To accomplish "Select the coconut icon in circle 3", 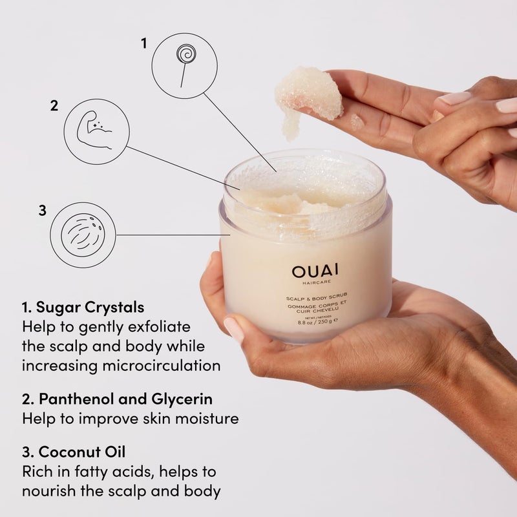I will tap(83, 234).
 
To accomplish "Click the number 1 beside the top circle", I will tap(144, 43).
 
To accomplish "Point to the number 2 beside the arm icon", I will tap(54, 105).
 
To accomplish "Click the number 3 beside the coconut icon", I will tap(42, 210).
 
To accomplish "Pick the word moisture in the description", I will tap(200, 418).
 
